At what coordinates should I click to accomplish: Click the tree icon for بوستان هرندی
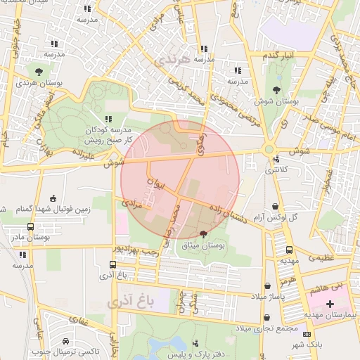39,71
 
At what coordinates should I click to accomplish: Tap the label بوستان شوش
278,102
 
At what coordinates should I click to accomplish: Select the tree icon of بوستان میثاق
204,234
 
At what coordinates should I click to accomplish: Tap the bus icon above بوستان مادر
30,226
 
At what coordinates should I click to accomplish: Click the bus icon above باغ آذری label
113,265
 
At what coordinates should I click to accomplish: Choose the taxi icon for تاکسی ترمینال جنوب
65,340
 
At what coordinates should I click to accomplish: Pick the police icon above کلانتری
276,159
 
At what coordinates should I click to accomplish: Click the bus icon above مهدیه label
290,250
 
